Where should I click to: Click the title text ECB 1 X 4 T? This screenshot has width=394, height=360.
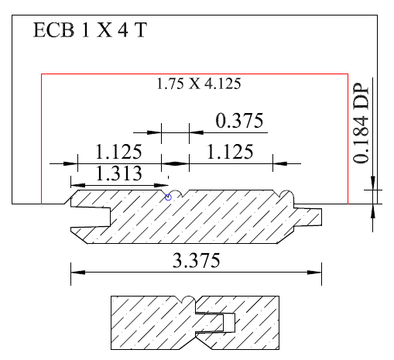[x=90, y=30]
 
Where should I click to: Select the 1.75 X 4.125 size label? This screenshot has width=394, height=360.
[x=199, y=84]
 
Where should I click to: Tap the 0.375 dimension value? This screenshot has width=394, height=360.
[x=239, y=121]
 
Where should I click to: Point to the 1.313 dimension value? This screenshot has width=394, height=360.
[x=118, y=173]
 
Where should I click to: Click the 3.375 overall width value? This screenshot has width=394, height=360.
[x=196, y=260]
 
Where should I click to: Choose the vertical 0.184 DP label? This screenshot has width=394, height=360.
[x=361, y=123]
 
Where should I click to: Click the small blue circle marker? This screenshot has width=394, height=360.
[x=168, y=197]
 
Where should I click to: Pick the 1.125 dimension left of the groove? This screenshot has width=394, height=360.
[x=118, y=152]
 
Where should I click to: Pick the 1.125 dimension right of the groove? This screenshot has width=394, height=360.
[x=230, y=152]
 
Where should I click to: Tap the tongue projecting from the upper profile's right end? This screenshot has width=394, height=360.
[x=308, y=217]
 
